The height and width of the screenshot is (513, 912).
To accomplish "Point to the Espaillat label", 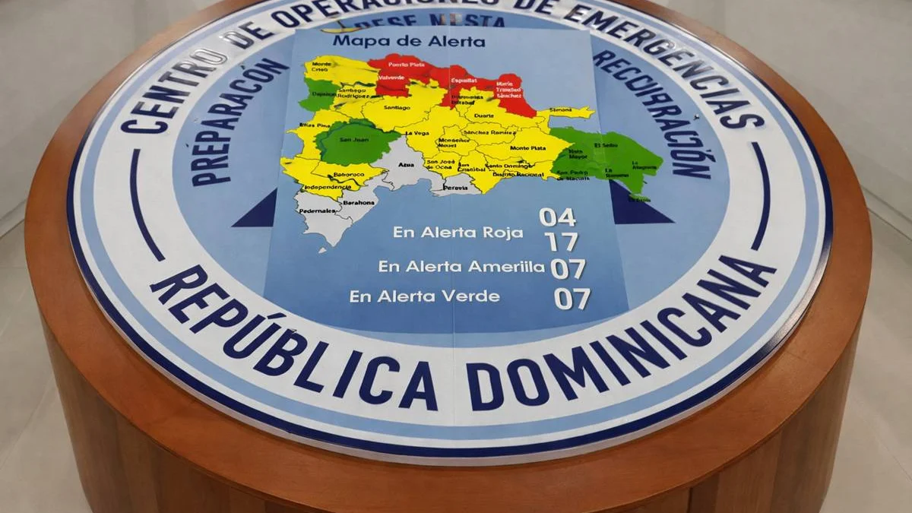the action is [463, 80].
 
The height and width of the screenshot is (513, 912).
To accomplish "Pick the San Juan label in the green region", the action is [355, 140].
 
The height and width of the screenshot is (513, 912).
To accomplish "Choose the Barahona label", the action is [359, 203].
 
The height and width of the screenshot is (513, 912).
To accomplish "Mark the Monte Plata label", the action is [527, 148].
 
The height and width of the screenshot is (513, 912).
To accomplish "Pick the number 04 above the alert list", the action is [557, 218].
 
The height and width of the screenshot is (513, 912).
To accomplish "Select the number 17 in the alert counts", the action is [561, 242].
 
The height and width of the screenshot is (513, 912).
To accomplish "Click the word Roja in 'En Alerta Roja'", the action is [504, 233].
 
